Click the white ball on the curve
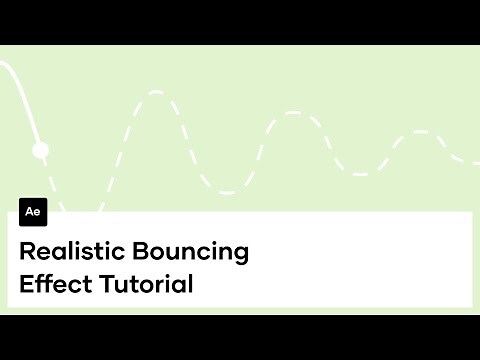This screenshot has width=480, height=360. coord(40,151)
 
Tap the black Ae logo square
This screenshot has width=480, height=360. coord(33,213)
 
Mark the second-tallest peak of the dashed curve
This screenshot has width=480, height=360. coord(292,113)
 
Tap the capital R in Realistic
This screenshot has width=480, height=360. coord(27,251)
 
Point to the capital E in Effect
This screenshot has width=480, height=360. coord(26,283)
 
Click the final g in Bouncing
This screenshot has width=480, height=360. coord(240,255)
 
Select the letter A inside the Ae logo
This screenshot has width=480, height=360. coord(29,213)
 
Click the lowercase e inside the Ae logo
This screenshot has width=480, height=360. coord(38,214)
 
